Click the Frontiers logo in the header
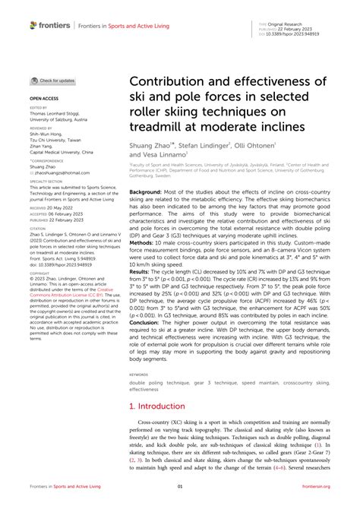click(x=50, y=25)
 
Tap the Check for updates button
click(x=53, y=81)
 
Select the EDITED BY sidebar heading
click(x=38, y=108)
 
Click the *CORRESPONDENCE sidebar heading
click(x=45, y=161)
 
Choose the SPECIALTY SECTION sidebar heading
click(x=45, y=182)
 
